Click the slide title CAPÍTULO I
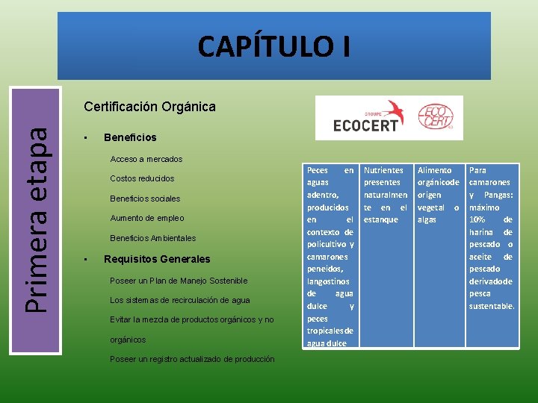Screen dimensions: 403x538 pos(273,46)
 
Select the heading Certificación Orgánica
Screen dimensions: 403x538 pos(149,106)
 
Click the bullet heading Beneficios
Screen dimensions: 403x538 pos(130,137)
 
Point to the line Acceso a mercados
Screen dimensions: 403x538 pos(146,159)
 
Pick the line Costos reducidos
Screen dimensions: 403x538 pos(142,178)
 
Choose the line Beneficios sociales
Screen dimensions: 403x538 pos(145,199)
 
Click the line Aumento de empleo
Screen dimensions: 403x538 pos(146,218)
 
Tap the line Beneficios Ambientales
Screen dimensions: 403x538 pos(152,238)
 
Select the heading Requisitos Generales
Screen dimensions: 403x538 pos(157,259)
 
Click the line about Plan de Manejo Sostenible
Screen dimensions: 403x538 pos(178,281)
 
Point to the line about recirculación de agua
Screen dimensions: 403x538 pos(179,300)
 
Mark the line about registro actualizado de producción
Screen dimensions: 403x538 pos(191,359)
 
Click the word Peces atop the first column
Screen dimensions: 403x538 pos(318,170)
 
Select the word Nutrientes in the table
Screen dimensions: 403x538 pos(383,170)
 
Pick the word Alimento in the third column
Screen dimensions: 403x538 pos(434,170)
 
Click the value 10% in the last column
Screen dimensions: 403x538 pos(479,219)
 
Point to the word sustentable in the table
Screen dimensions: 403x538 pos(492,306)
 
